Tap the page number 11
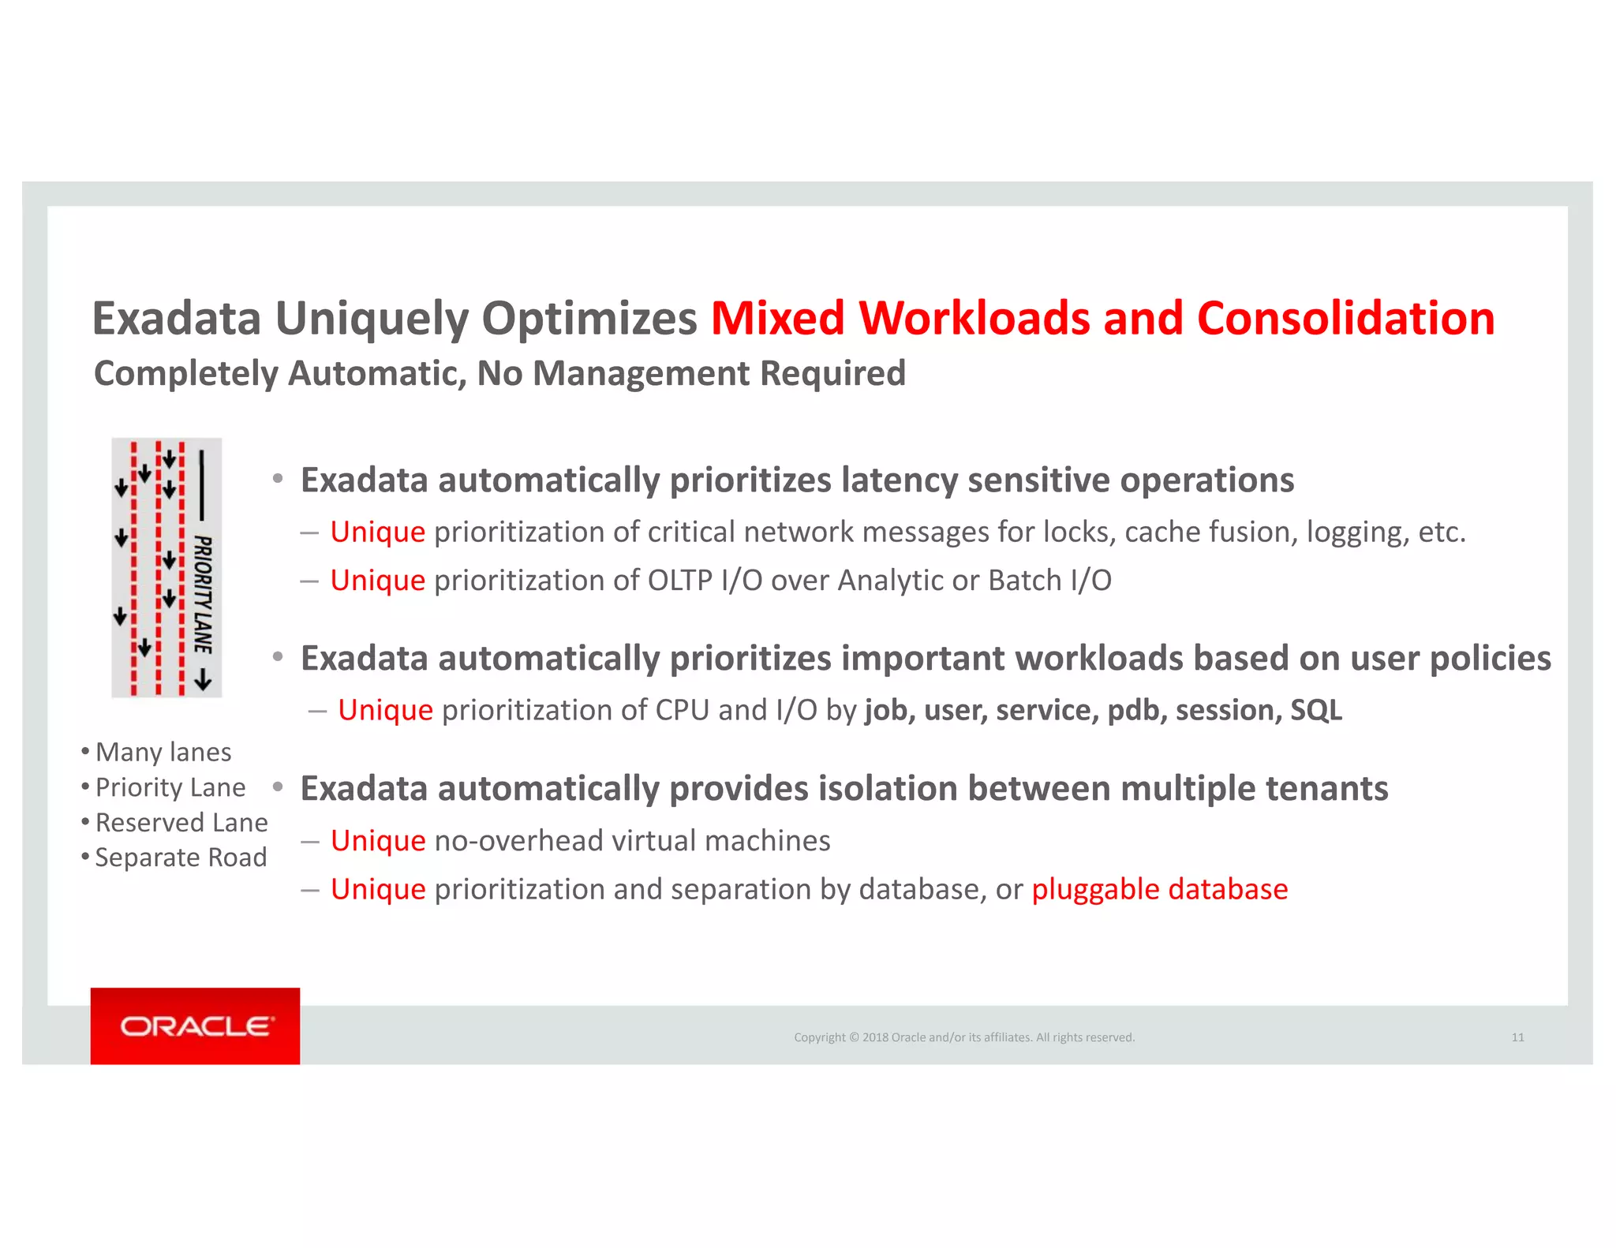[x=1517, y=1037]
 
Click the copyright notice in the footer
[x=963, y=1037]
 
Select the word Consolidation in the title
[x=1345, y=319]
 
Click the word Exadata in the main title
[x=176, y=319]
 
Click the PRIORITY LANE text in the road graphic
[x=203, y=594]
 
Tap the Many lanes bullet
[x=163, y=752]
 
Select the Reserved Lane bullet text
[x=181, y=823]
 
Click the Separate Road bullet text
[x=180, y=858]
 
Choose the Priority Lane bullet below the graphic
[x=170, y=787]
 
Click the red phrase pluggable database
[x=1159, y=890]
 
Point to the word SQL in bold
[x=1315, y=710]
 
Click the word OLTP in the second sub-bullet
[x=679, y=581]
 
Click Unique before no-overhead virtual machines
[x=378, y=841]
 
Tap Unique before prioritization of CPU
[x=385, y=710]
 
